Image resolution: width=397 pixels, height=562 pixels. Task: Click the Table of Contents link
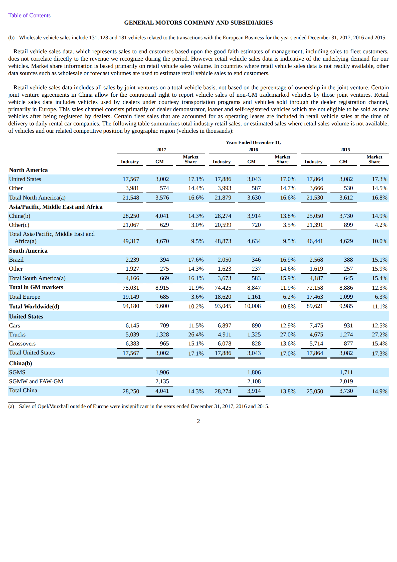[29, 16]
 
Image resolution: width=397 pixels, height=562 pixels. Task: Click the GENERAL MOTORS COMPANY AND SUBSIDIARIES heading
[198, 23]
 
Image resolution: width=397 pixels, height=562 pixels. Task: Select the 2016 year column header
[253, 149]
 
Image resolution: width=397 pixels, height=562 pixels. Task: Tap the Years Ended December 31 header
[253, 142]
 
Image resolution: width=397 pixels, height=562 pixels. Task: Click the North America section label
[28, 170]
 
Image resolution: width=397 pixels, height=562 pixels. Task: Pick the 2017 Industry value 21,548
[131, 198]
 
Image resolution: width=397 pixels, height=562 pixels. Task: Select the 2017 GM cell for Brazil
[164, 260]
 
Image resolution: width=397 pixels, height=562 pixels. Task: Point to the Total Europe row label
[25, 297]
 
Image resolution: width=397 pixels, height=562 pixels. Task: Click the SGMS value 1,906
[162, 372]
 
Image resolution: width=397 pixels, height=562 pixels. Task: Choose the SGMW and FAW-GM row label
[36, 381]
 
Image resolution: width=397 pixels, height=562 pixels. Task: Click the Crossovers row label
[22, 343]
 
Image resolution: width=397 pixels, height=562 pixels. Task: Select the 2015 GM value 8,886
[346, 288]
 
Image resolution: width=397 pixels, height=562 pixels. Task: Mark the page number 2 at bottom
[198, 421]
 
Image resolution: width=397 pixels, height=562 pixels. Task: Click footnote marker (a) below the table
[11, 406]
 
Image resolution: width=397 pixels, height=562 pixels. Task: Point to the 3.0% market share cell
[197, 225]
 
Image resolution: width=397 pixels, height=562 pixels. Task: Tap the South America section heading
[28, 251]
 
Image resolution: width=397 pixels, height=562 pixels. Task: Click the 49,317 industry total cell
[131, 241]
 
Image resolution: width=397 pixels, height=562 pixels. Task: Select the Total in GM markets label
[36, 287]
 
